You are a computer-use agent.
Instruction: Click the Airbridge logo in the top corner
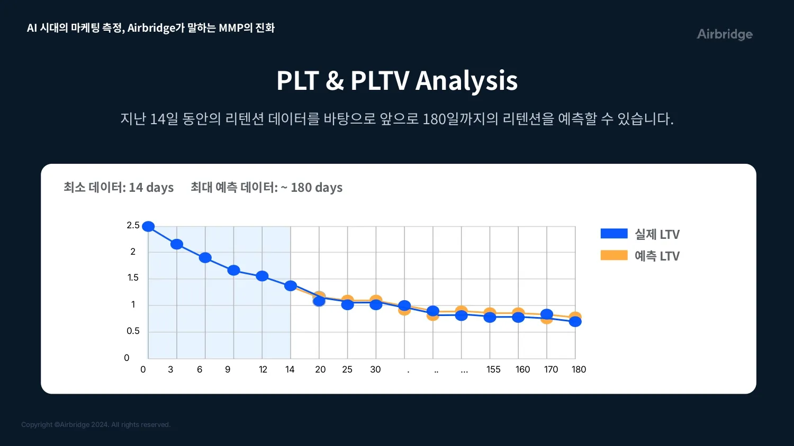(724, 34)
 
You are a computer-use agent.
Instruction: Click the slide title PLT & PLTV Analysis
(397, 80)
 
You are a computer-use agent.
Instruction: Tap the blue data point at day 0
(148, 227)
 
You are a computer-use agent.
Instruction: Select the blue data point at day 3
(177, 244)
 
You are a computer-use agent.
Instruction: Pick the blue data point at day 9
(234, 270)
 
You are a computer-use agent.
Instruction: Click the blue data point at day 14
(291, 286)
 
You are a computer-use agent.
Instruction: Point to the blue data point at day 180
(575, 322)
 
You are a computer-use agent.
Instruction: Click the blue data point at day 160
(518, 318)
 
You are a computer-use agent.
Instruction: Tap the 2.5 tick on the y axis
(133, 226)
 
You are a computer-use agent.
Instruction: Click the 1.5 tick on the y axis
(133, 278)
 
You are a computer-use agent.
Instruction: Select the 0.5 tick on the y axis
(133, 331)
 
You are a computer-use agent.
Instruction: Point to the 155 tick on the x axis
(493, 370)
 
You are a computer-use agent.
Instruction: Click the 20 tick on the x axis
(320, 370)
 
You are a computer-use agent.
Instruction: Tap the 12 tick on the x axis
(263, 370)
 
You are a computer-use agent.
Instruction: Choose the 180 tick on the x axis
(579, 370)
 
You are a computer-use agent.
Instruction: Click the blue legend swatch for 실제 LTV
(614, 234)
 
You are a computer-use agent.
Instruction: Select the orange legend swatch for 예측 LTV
(614, 255)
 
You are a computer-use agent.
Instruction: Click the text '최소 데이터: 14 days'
(119, 188)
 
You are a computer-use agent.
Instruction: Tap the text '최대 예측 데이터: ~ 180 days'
(266, 188)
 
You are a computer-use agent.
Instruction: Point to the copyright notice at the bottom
(96, 425)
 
